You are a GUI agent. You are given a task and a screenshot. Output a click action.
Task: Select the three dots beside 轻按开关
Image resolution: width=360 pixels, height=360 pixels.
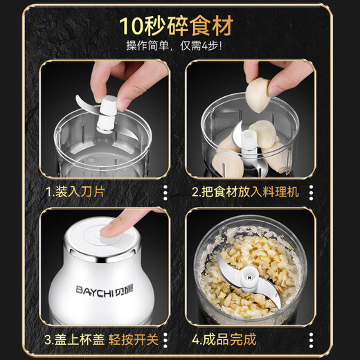[x=164, y=340]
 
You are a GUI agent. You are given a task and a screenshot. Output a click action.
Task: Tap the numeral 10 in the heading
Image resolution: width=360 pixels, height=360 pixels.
[x=132, y=26]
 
